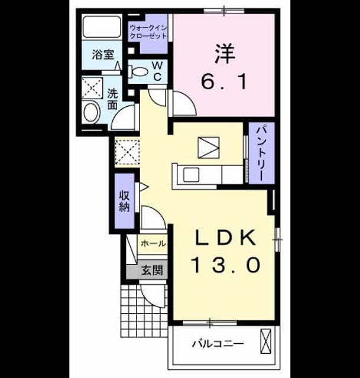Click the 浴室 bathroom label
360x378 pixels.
[103, 55]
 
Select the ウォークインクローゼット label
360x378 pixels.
[148, 32]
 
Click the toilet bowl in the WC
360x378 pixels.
[138, 71]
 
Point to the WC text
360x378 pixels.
[157, 71]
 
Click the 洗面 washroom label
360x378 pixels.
[112, 99]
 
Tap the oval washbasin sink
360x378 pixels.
[92, 113]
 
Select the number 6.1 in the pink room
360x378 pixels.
[224, 82]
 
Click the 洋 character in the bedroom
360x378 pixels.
[225, 54]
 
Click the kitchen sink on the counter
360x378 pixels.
[191, 175]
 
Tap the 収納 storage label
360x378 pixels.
[125, 201]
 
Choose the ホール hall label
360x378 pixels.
[154, 243]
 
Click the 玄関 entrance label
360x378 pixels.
[152, 270]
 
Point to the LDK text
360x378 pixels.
[226, 237]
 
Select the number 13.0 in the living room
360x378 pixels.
[226, 265]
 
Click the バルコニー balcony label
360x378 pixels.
[218, 344]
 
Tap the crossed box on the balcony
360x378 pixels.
[266, 341]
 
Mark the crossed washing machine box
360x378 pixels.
[92, 88]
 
